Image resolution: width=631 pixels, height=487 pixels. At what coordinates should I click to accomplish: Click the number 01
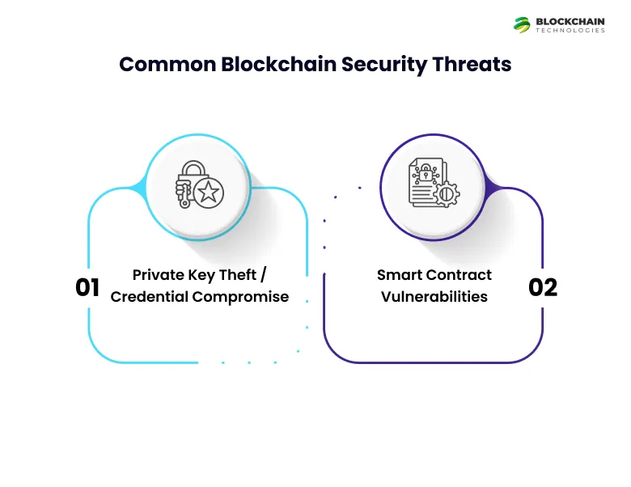tap(87, 288)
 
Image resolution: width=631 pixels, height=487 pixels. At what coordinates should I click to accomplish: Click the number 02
tap(543, 288)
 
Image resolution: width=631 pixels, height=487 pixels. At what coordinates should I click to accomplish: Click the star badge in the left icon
tap(210, 193)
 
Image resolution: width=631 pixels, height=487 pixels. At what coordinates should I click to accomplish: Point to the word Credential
tap(150, 297)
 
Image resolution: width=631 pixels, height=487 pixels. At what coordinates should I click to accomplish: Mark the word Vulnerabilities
tap(434, 297)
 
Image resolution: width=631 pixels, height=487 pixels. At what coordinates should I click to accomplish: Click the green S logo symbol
tap(522, 24)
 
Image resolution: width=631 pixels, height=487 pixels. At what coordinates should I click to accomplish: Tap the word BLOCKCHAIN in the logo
tap(570, 21)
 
